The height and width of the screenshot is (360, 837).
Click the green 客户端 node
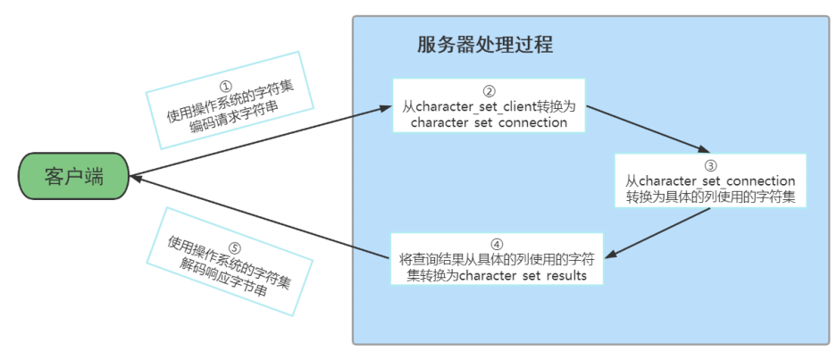coord(74,176)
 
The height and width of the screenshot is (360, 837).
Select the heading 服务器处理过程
coord(485,45)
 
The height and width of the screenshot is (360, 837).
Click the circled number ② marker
coord(489,91)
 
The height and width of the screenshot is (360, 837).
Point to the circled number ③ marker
coord(710,165)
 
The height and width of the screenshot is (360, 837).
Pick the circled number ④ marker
coord(497,243)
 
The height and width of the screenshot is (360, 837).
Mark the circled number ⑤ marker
coord(235,248)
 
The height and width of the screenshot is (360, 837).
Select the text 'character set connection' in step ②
coord(489,122)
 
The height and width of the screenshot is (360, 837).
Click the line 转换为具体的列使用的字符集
coord(710,196)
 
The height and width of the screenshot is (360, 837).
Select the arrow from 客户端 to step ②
coord(259,140)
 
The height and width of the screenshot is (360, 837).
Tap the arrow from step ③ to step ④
coord(665,231)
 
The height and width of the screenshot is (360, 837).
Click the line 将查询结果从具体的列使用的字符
coord(497,259)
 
